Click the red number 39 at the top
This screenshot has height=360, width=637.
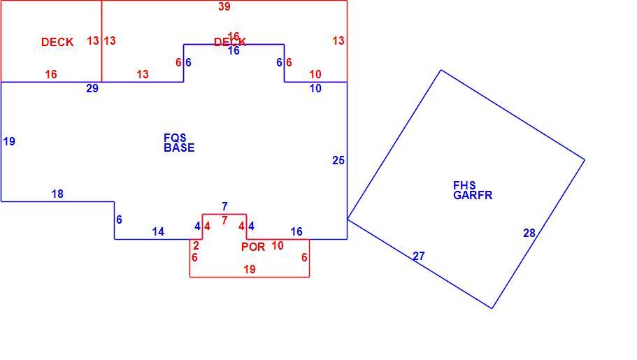[224, 6]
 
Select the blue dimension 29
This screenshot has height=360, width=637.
[92, 88]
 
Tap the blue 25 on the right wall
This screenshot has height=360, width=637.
[338, 161]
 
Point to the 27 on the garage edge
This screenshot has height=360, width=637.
[419, 256]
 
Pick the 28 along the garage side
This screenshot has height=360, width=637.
[529, 233]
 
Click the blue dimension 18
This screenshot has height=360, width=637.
[57, 194]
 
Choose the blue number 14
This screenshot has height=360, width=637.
[158, 231]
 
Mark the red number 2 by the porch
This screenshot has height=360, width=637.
[196, 246]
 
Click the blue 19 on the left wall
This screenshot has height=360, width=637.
[9, 141]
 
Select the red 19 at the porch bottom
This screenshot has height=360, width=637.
[250, 269]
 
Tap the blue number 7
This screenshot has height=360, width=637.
[224, 206]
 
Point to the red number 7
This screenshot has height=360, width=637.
[224, 221]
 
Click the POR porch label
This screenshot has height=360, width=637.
[253, 247]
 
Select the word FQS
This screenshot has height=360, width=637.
[175, 138]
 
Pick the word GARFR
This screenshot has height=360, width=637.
[473, 196]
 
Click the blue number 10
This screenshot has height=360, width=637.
[315, 88]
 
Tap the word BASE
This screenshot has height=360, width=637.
[179, 148]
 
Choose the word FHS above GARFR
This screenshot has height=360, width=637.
[464, 186]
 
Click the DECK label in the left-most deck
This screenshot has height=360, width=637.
[57, 42]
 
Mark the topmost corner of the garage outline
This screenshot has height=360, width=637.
[441, 71]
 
